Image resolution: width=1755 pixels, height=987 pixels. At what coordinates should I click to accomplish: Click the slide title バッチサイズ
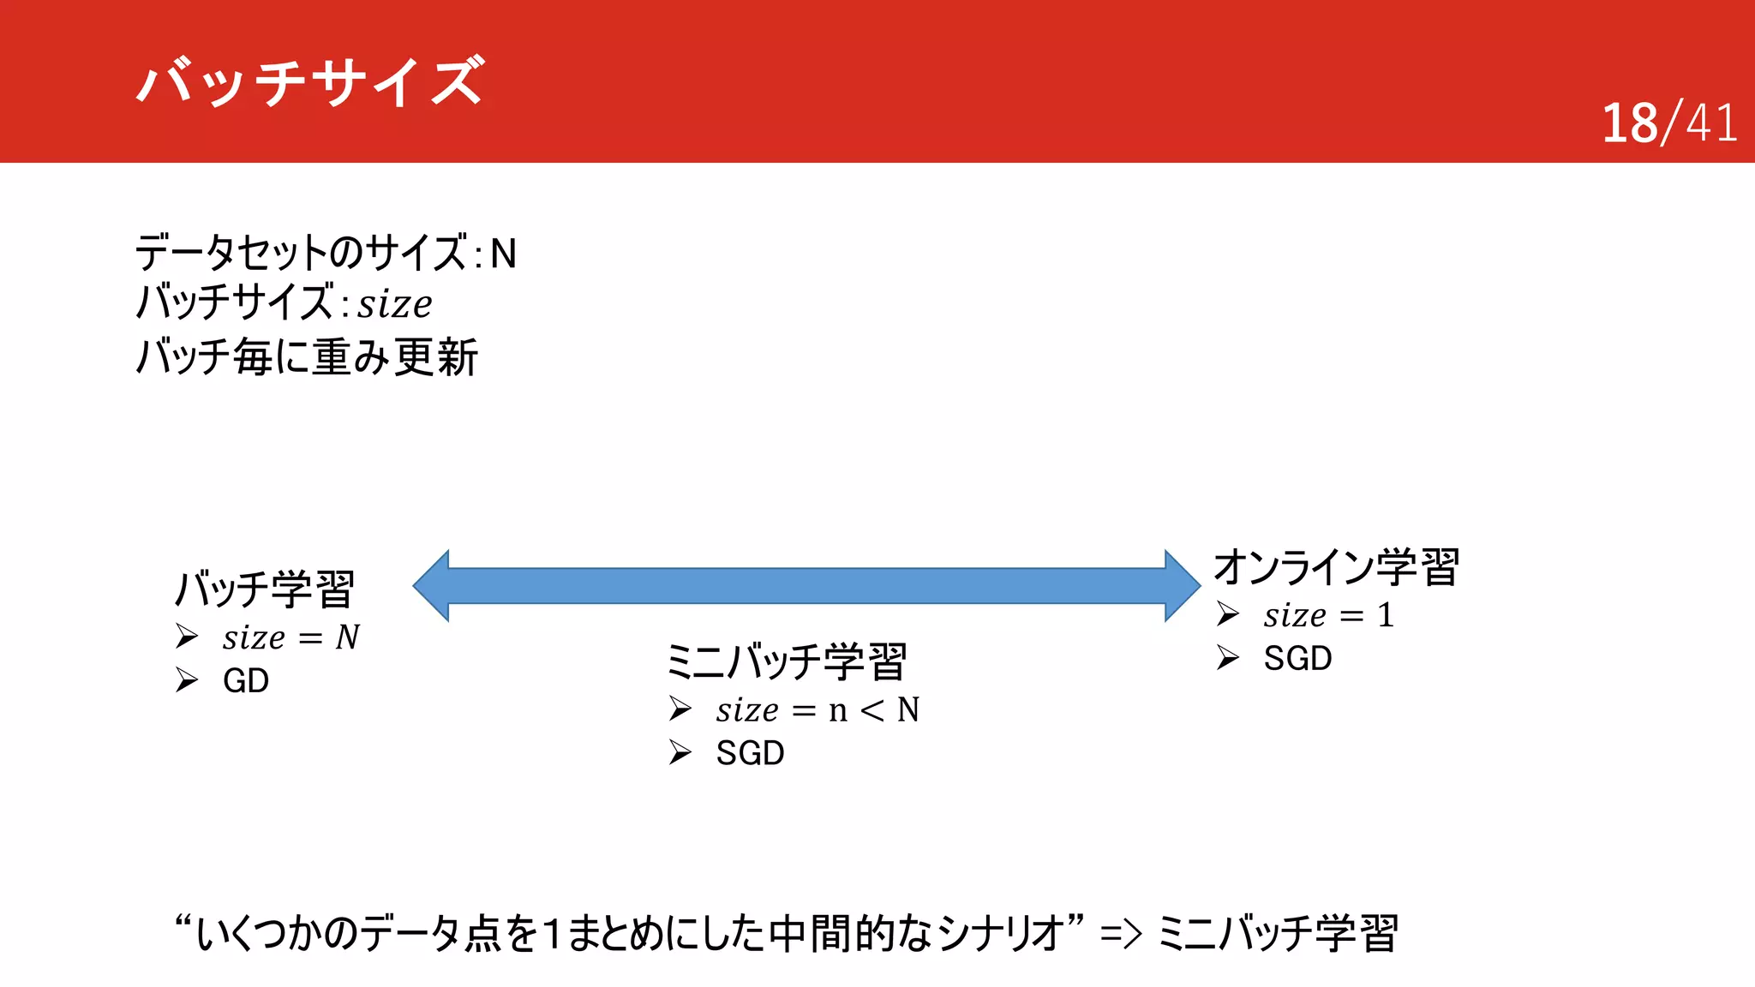tap(310, 81)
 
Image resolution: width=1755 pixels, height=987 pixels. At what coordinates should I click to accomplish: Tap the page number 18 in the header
tap(1629, 123)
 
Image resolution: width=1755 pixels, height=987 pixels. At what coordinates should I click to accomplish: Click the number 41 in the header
tap(1711, 123)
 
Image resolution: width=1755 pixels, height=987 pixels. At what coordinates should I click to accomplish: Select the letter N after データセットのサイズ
tap(503, 254)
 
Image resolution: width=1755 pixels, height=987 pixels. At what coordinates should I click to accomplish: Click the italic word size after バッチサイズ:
tap(394, 305)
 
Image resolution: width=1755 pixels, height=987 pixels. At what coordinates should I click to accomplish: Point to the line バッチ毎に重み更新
tap(307, 357)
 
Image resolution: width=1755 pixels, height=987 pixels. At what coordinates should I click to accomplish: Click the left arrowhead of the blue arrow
tap(432, 586)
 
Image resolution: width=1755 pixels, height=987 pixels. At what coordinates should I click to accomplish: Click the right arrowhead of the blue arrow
tap(1183, 586)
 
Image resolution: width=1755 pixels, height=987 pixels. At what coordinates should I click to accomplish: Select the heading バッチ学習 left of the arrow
tap(264, 589)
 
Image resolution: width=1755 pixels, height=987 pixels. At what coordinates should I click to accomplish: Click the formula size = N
tap(291, 637)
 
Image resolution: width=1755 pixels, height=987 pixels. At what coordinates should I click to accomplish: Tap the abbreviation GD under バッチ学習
tap(246, 681)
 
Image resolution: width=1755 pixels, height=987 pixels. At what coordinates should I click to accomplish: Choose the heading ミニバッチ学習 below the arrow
tap(786, 661)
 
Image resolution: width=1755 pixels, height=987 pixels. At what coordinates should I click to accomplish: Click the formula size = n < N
tap(817, 710)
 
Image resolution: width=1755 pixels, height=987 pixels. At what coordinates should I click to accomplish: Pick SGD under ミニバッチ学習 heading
tap(750, 754)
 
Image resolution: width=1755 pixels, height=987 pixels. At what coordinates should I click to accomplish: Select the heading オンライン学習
tap(1336, 567)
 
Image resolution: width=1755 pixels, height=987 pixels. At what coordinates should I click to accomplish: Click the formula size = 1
tap(1327, 615)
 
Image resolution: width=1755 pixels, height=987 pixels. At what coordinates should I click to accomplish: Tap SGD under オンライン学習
tap(1297, 659)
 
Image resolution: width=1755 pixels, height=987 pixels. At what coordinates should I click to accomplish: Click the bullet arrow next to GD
tap(187, 680)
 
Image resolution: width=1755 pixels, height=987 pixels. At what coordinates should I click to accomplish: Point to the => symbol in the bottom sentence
tap(1121, 934)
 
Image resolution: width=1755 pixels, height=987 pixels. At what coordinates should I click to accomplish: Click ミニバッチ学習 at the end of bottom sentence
tap(1277, 934)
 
